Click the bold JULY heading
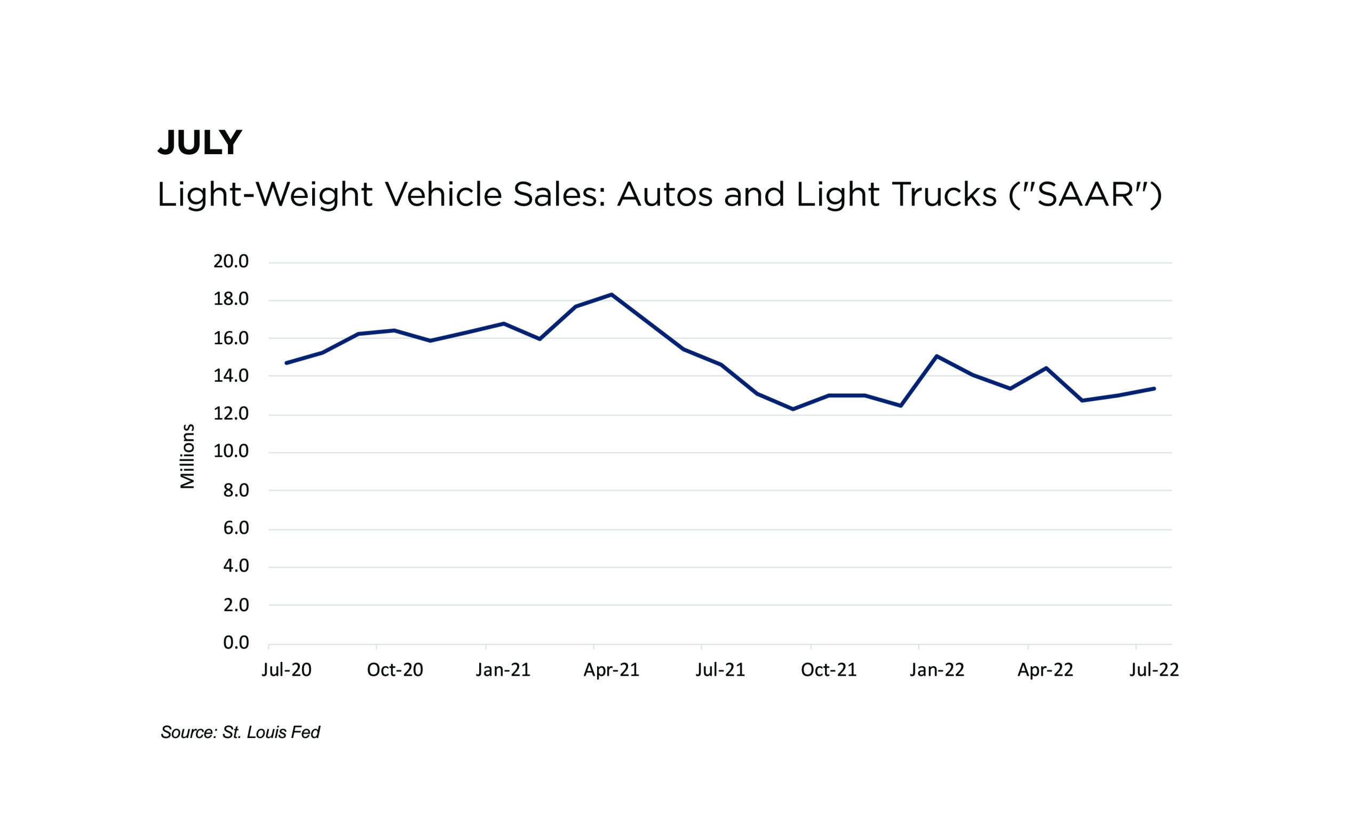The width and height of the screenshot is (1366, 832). point(200,142)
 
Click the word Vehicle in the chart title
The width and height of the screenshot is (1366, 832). point(443,195)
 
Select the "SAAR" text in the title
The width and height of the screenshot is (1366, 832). point(1085,195)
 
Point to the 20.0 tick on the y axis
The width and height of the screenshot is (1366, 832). point(231,261)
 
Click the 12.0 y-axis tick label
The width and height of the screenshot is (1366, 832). point(231,414)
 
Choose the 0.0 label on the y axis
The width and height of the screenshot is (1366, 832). point(236,643)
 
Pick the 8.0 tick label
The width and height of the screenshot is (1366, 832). point(236,490)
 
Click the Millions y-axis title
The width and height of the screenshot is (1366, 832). point(187,456)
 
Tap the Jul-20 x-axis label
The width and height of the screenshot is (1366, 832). point(286,670)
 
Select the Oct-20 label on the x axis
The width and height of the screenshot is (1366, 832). point(395,670)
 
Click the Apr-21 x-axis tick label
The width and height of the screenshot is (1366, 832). point(611,670)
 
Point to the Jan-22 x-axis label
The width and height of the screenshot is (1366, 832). point(936,670)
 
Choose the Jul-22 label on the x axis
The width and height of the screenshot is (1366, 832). point(1154,670)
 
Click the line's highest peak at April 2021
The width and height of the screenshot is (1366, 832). point(611,295)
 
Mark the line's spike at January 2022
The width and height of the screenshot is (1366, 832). point(936,356)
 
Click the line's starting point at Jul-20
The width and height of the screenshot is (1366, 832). point(286,363)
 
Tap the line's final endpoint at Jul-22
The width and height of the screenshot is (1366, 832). point(1154,389)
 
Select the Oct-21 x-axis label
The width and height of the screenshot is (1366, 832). point(828,670)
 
